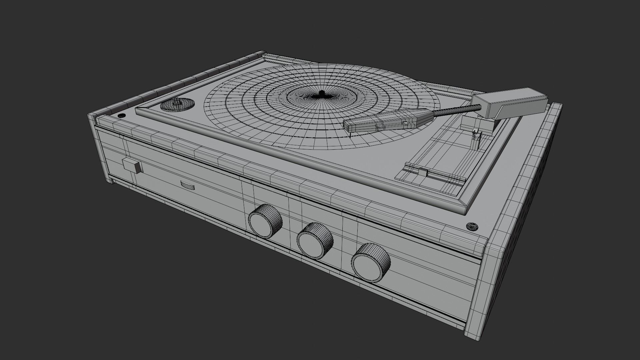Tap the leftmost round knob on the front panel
(x=265, y=222)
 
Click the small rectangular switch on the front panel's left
(x=132, y=166)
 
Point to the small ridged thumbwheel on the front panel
(x=188, y=185)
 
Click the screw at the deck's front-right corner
(x=472, y=227)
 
